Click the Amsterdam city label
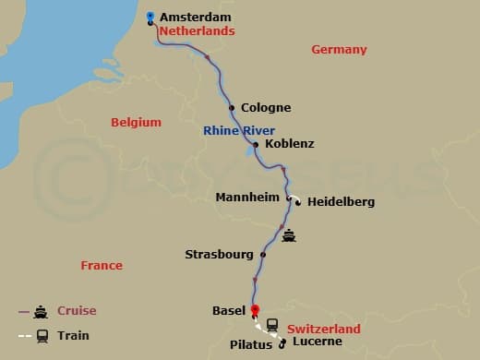(x=197, y=18)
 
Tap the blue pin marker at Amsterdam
(x=151, y=18)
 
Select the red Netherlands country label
(x=197, y=31)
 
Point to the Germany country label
(x=339, y=50)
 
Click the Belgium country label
(x=136, y=122)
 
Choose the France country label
(x=102, y=265)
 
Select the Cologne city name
(x=266, y=108)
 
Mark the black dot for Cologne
(x=232, y=107)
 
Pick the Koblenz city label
(x=289, y=144)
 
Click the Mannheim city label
(x=247, y=198)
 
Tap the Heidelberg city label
(x=341, y=201)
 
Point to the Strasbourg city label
(x=218, y=254)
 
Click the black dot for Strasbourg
(x=263, y=255)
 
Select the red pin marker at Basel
(x=255, y=311)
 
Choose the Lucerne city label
(x=317, y=342)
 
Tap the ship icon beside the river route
(x=290, y=234)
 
